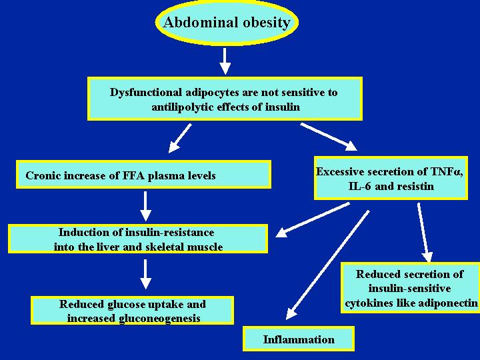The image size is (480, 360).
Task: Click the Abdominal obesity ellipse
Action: pos(227,22)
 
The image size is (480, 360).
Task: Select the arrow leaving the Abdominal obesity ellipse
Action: pos(225,61)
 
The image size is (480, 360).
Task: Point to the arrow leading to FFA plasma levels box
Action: pos(180,138)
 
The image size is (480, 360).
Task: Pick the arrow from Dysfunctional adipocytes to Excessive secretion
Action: pos(329,137)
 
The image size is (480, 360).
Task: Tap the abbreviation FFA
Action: pos(134,175)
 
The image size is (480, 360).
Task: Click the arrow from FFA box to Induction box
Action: pos(145,206)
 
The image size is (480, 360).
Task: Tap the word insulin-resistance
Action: pos(170,232)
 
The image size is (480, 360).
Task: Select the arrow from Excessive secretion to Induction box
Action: pos(313,219)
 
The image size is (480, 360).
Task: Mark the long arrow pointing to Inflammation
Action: pos(327,265)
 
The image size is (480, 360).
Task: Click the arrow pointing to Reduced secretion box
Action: pos(425,233)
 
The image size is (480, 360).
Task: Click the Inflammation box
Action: pos(299,339)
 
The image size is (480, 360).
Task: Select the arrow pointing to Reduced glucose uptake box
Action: pos(145,274)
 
